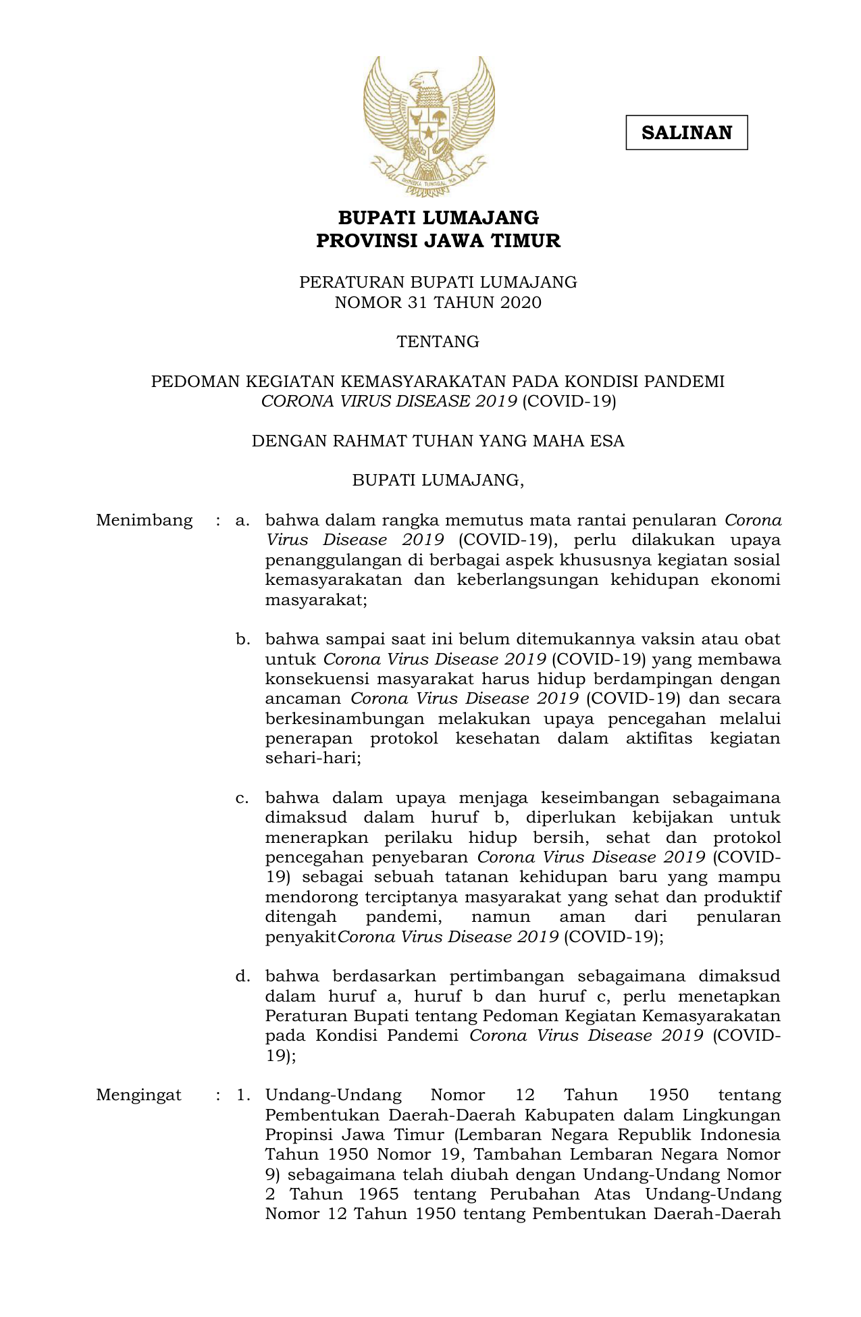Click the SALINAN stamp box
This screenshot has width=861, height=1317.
coord(686,132)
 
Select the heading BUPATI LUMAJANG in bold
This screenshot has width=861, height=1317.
coord(438,218)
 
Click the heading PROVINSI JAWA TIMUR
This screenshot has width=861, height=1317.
coord(438,240)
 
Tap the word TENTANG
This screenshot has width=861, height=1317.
coord(438,342)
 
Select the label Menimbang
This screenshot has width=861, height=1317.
coord(144,520)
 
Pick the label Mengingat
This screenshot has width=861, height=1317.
coord(138,1095)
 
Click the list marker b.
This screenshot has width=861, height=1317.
coord(242,639)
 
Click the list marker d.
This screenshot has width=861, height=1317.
coord(242,976)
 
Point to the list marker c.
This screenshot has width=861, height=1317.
coord(242,798)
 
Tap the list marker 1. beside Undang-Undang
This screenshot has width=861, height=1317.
coord(244,1095)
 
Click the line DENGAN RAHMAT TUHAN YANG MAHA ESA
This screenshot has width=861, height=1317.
coord(438,441)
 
